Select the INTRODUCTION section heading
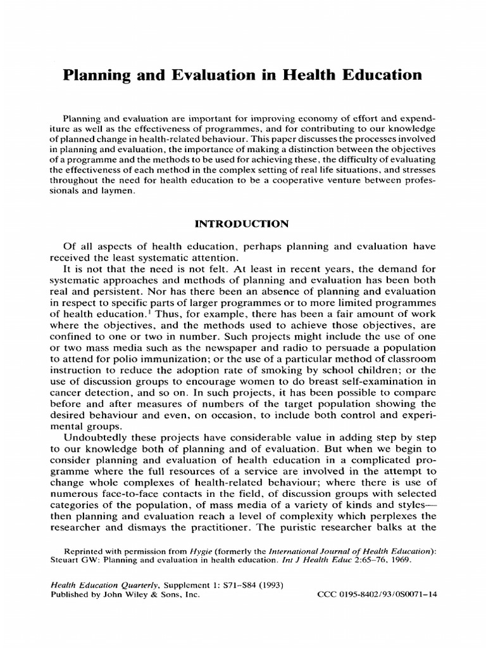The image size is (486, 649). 242,224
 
